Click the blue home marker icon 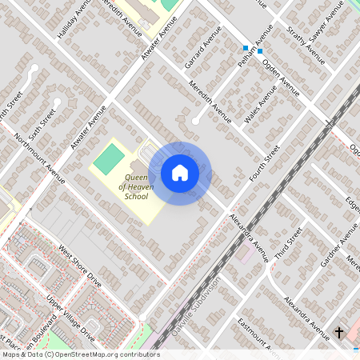click(x=180, y=173)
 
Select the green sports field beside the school click(x=110, y=158)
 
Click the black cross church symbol click(x=338, y=332)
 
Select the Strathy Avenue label click(x=306, y=46)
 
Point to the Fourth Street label click(x=264, y=163)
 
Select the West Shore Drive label click(x=79, y=267)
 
